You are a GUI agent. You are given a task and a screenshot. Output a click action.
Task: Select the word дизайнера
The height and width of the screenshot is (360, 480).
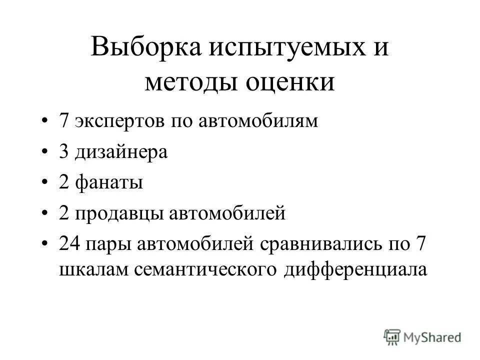[x=121, y=152]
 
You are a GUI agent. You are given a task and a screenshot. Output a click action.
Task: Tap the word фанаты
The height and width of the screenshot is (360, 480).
[x=109, y=183]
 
